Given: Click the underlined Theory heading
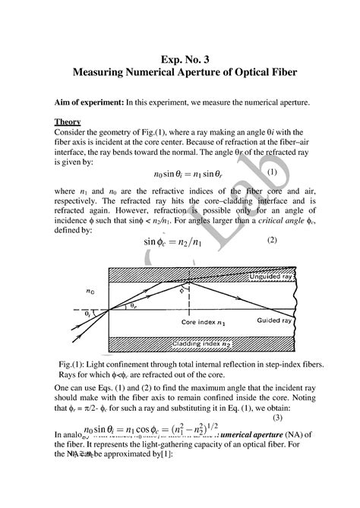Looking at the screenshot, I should (x=69, y=121).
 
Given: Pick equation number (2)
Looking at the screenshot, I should (x=273, y=241).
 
